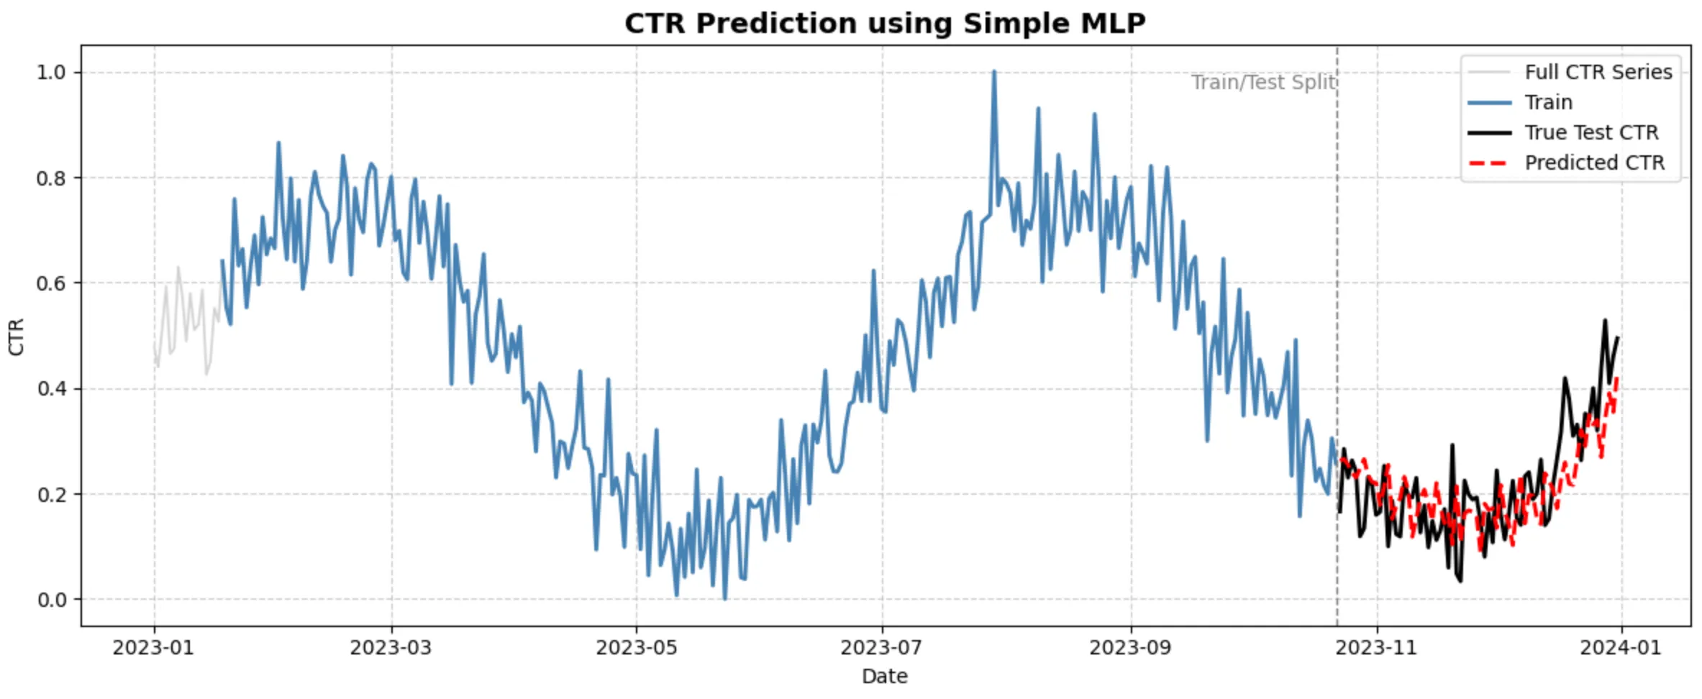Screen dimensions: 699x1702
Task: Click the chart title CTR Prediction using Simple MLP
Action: [885, 24]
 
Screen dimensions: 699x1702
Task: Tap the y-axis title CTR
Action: [16, 337]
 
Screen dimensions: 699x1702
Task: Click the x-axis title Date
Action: [884, 676]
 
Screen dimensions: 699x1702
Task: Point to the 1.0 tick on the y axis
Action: [51, 73]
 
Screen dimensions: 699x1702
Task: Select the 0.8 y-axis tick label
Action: [51, 178]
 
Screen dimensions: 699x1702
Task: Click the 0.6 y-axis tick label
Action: [51, 283]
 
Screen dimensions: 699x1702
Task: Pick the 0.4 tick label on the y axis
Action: [51, 389]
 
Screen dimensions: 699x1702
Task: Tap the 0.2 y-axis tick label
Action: [51, 495]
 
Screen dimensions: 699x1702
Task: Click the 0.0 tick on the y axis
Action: [51, 600]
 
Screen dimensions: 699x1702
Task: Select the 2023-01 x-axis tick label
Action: [153, 648]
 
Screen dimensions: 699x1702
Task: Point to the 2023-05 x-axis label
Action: [636, 648]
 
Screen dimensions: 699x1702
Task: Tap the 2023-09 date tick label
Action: [1130, 648]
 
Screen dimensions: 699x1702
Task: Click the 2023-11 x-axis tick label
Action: [1376, 648]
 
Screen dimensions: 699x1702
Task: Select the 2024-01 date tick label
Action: [1621, 648]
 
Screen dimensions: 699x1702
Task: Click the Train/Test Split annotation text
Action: [1263, 83]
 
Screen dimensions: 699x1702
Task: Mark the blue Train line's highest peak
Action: [994, 72]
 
